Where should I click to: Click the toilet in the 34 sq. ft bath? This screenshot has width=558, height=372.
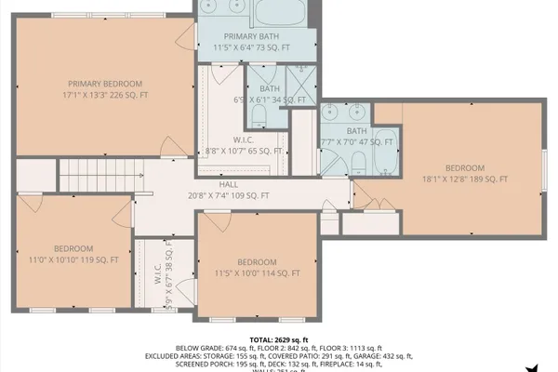(x=259, y=115)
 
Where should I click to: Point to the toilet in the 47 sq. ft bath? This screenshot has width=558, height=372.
(x=357, y=165)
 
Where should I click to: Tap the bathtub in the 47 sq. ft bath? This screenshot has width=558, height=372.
(x=387, y=149)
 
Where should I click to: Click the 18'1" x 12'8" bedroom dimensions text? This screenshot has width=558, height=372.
(x=465, y=179)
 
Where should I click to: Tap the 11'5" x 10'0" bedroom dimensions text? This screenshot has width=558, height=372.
(x=256, y=273)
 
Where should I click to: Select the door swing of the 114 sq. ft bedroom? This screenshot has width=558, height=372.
(x=216, y=224)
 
